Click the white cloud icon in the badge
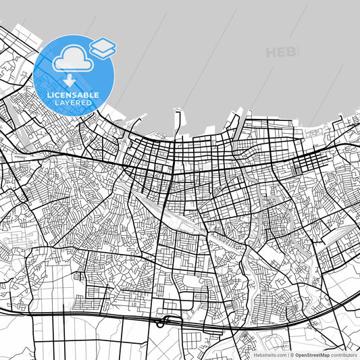coord(72,59)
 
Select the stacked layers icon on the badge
coord(103,47)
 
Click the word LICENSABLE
coord(74,95)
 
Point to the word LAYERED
coord(74,103)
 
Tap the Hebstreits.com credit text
coord(269,355)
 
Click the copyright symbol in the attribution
coord(291,355)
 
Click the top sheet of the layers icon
coord(103,44)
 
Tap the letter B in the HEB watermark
coord(292,52)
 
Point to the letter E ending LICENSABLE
coord(97,95)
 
